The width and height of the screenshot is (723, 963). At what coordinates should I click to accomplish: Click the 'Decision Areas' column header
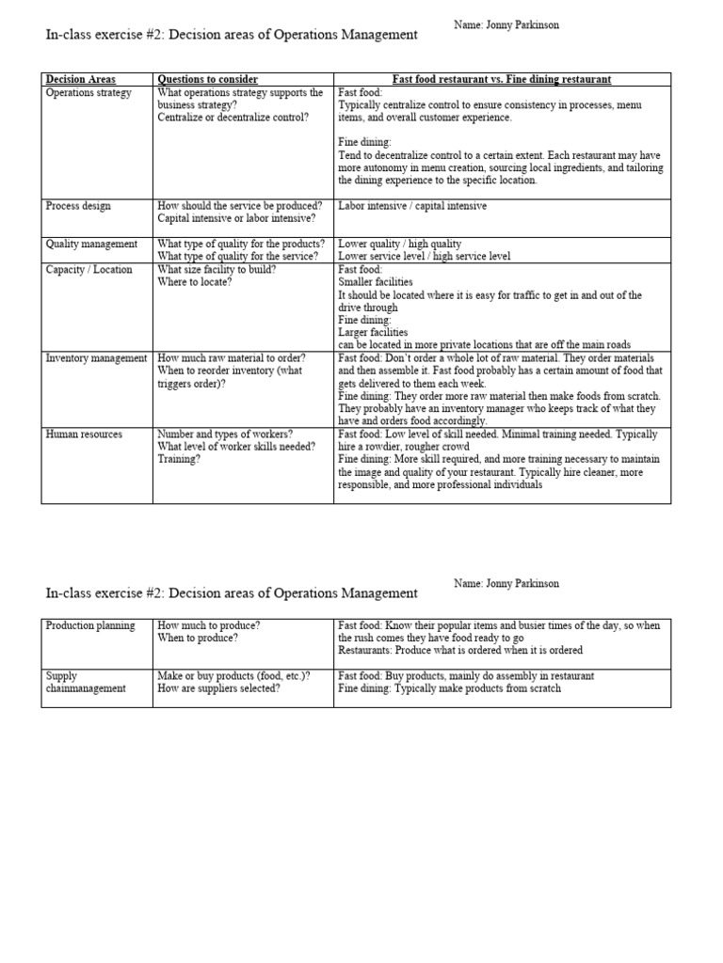[x=81, y=80]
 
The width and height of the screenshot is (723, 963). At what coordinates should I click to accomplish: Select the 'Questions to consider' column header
[x=207, y=80]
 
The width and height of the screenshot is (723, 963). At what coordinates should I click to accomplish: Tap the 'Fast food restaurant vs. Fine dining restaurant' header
[x=502, y=80]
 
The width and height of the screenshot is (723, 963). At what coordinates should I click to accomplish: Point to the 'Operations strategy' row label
[x=88, y=93]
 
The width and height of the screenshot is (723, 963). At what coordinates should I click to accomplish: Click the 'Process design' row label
[x=78, y=205]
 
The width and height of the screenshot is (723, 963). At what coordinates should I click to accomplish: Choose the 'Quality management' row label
[x=91, y=244]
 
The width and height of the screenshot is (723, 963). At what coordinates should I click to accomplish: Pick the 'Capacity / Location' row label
[x=89, y=270]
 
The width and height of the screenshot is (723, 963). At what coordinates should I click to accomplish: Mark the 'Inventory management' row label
[x=96, y=358]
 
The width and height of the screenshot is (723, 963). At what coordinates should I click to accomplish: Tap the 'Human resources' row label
[x=84, y=434]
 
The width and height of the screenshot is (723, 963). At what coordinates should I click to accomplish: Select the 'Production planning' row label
[x=90, y=625]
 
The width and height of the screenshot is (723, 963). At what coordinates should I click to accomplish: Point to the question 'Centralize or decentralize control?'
[x=233, y=118]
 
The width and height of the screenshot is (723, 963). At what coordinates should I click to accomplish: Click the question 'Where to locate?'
[x=194, y=282]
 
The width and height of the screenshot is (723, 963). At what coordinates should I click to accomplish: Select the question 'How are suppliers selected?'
[x=218, y=688]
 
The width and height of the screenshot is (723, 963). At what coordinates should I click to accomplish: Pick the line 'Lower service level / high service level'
[x=425, y=256]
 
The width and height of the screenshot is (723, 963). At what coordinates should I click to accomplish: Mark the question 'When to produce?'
[x=198, y=638]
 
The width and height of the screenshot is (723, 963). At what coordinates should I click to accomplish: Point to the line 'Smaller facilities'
[x=375, y=282]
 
